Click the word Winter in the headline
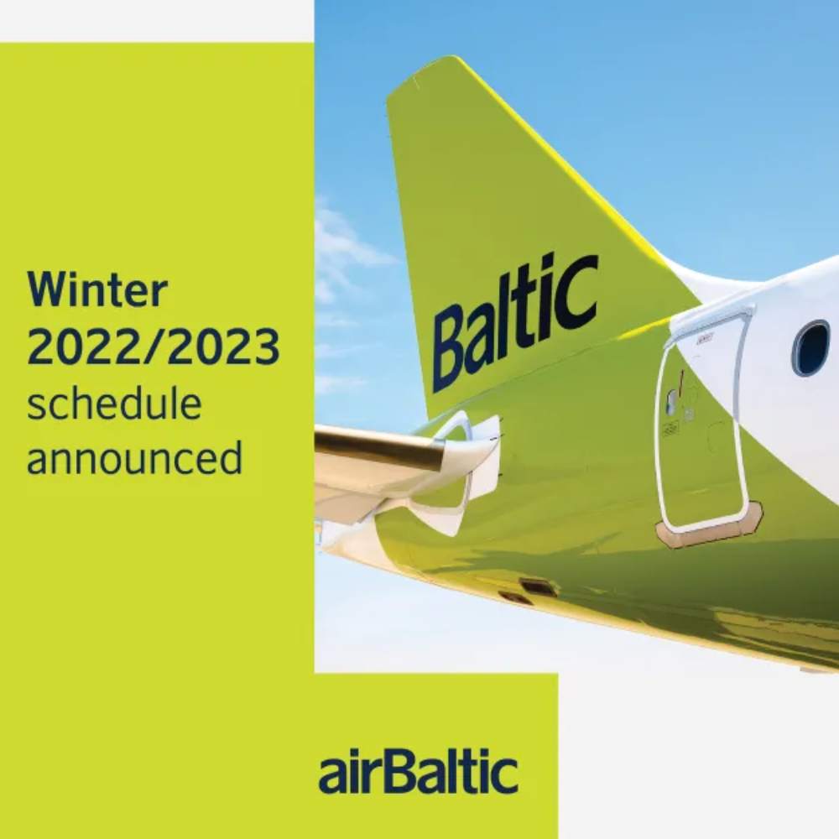tap(97, 289)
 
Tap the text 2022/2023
tap(153, 347)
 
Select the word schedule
tap(114, 403)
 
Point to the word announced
tap(134, 459)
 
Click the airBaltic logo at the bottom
tap(419, 774)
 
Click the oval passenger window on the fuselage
tap(812, 348)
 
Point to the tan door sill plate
tap(710, 527)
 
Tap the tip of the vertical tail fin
tap(423, 65)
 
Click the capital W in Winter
tap(48, 289)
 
